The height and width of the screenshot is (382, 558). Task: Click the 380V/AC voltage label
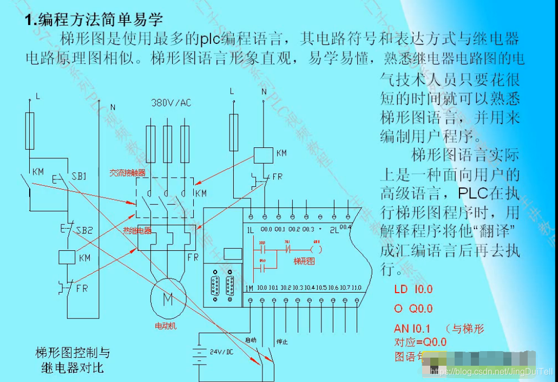point(171,102)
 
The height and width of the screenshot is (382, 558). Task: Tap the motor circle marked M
point(167,299)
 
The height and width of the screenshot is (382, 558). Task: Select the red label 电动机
point(166,326)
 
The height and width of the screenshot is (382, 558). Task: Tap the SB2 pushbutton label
point(85,230)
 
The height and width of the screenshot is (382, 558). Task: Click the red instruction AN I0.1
point(412,328)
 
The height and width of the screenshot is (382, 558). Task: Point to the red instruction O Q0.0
point(413,309)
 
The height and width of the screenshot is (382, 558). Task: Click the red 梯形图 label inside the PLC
point(304,261)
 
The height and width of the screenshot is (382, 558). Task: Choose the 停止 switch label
point(281,342)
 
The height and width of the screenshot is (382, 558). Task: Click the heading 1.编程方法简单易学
point(94,21)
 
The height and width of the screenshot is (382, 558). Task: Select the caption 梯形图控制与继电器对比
point(73,360)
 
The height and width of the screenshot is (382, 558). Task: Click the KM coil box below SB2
point(67,257)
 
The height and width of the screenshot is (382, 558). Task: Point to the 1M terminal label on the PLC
point(249,288)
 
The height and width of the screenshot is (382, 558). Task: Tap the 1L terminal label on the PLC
point(250,230)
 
